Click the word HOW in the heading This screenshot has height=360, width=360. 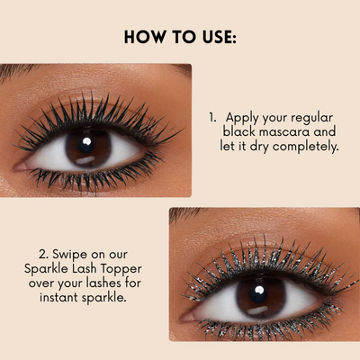pos(145,37)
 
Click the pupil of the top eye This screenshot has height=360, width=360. pos(86,144)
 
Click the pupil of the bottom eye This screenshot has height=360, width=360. pos(258,293)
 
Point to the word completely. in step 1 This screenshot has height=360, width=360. pos(305,147)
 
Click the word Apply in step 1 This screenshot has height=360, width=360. pos(243,118)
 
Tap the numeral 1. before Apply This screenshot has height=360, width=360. pos(212,117)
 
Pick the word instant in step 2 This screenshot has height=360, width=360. pos(58,297)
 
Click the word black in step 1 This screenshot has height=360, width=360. pos(239,131)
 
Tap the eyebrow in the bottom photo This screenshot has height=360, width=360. pos(186,213)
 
